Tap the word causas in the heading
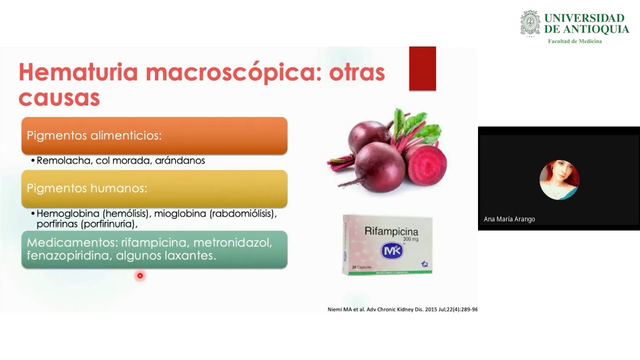pyautogui.click(x=59, y=98)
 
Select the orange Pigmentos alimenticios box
pyautogui.click(x=154, y=135)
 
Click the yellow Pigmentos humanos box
pyautogui.click(x=154, y=188)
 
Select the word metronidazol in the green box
pyautogui.click(x=232, y=242)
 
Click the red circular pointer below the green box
pyautogui.click(x=140, y=275)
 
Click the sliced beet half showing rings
pyautogui.click(x=427, y=165)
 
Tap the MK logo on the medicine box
pyautogui.click(x=391, y=250)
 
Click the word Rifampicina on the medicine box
pyautogui.click(x=391, y=231)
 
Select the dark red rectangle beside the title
pyautogui.click(x=422, y=68)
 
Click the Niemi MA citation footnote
pyautogui.click(x=402, y=309)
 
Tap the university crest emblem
pyautogui.click(x=530, y=23)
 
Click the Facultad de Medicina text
pyautogui.click(x=575, y=41)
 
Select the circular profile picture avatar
pyautogui.click(x=559, y=180)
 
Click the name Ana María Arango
pyautogui.click(x=509, y=219)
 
